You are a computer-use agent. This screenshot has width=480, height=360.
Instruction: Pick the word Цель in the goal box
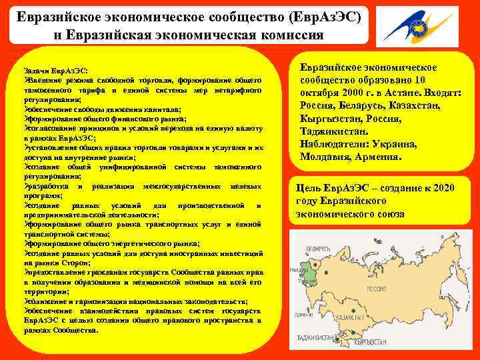309,188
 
